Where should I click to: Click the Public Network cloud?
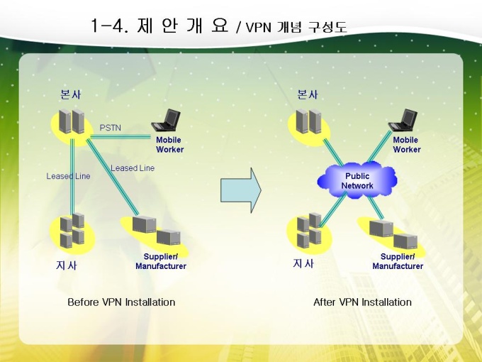pos(357,181)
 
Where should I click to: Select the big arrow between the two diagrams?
pos(241,190)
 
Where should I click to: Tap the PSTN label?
pos(110,128)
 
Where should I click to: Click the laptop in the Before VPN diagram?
pos(166,119)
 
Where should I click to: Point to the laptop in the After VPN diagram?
pos(403,119)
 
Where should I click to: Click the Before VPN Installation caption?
pos(121,302)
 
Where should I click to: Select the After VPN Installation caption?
pos(362,302)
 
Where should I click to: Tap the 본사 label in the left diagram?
pos(71,94)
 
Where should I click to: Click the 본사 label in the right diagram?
pos(308,94)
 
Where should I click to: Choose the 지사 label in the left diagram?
pos(66,265)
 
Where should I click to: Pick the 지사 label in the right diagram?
pos(303,263)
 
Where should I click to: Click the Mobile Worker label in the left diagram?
pos(169,145)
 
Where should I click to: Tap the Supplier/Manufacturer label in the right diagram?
pos(398,261)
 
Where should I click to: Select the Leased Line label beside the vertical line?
pos(68,176)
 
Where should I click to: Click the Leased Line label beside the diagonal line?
pos(133,168)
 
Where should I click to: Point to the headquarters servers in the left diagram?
pos(72,121)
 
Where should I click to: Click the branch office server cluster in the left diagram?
pos(72,230)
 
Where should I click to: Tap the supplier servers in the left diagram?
pos(156,231)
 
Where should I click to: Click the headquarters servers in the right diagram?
pos(309,121)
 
